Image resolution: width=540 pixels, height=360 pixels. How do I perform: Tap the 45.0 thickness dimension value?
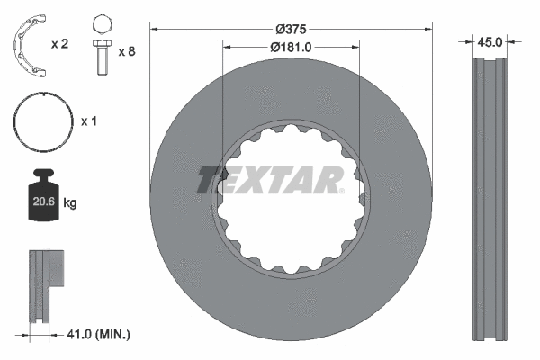(x=491, y=40)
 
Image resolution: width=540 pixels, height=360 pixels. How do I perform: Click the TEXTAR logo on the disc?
(x=270, y=179)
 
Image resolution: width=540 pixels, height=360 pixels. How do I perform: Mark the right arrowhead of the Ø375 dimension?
(x=428, y=29)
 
